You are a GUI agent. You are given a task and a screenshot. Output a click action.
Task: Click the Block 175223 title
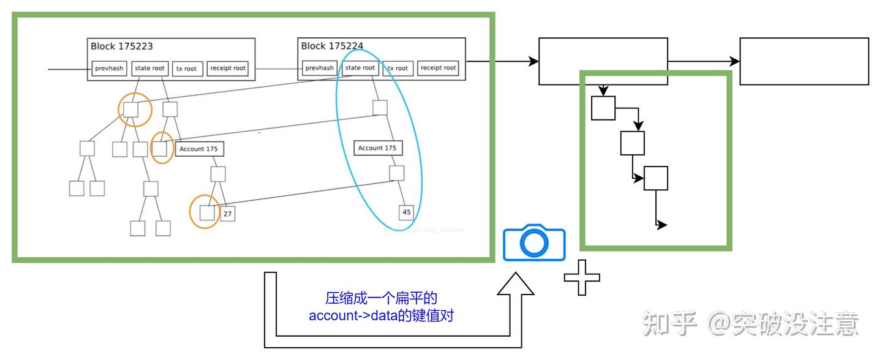(x=122, y=46)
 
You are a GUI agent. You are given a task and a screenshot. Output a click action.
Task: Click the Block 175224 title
(x=332, y=46)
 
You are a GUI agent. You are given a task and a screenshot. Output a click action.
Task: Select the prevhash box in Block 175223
(x=110, y=69)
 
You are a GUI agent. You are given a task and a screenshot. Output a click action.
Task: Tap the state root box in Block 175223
(x=149, y=68)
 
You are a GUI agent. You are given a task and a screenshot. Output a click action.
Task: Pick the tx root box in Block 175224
(x=397, y=68)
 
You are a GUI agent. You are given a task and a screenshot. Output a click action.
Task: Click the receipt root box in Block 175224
(x=439, y=68)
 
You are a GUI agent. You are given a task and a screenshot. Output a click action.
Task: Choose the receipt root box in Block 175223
(x=227, y=69)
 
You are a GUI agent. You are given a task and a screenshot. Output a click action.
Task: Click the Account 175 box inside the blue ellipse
(x=377, y=148)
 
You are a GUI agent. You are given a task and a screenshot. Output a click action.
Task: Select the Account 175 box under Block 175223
(x=198, y=149)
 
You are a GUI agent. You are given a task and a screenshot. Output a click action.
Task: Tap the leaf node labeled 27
(x=228, y=214)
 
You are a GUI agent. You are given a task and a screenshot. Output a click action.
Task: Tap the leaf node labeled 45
(x=407, y=212)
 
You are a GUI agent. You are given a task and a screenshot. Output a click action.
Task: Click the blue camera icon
(x=534, y=243)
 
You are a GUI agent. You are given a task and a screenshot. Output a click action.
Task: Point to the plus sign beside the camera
(x=581, y=277)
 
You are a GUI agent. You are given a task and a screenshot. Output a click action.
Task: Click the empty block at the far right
(x=804, y=61)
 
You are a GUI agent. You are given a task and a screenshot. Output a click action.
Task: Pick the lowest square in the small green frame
(x=655, y=178)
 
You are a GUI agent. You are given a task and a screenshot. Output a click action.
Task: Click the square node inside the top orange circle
(x=131, y=110)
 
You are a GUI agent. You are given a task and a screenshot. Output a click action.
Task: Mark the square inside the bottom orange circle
(x=206, y=213)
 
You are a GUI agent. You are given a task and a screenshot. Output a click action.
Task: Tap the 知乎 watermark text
(x=669, y=323)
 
